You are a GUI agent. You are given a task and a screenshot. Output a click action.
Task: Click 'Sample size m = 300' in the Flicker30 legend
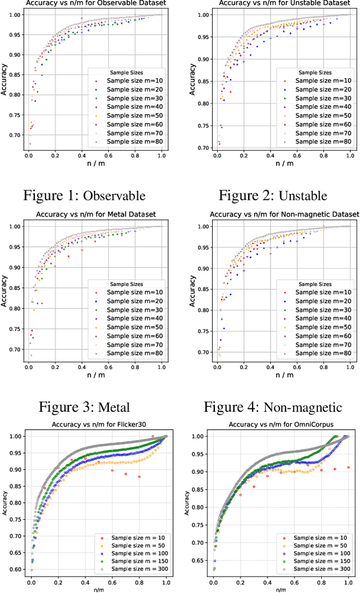click(134, 569)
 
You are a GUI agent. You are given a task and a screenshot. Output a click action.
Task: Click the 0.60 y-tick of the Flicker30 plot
click(16, 570)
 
